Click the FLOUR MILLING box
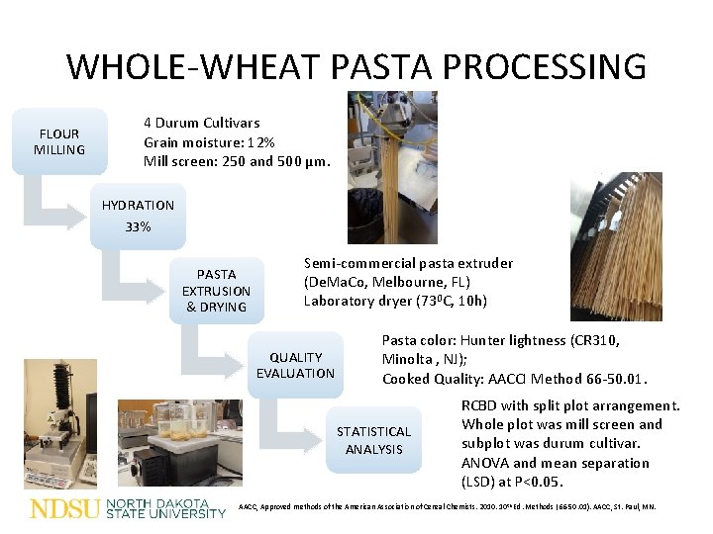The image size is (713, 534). coord(59,141)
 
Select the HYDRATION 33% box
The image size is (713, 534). coord(138,216)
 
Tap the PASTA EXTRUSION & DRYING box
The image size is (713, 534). coord(216,291)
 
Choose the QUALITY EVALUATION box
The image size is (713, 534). coord(295,365)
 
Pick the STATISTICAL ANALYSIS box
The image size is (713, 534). coord(373,440)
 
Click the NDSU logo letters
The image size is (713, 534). coord(64,509)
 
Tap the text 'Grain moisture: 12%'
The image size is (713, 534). coord(209,141)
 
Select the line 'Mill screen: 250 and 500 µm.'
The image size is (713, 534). coord(237,160)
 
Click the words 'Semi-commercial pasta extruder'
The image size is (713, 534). coord(408,263)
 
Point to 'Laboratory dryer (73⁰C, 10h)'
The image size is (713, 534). coord(395,301)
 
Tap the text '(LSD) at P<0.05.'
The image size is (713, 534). coord(511,482)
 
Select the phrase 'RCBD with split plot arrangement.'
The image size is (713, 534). coord(570,405)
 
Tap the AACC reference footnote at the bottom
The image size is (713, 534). coord(447,507)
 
